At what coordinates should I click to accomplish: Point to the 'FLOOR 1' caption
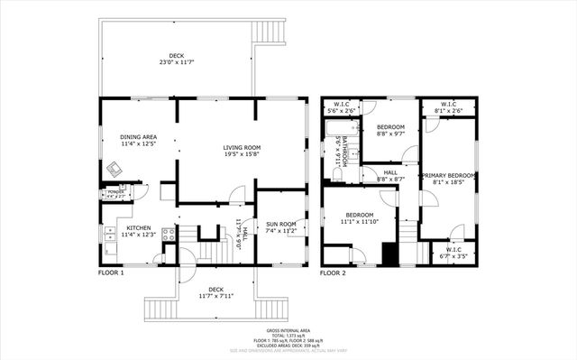coord(111,272)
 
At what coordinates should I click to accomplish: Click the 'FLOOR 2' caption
coord(333,272)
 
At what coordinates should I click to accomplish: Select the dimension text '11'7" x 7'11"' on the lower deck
coord(217,295)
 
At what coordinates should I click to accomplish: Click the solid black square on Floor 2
coord(389,254)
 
